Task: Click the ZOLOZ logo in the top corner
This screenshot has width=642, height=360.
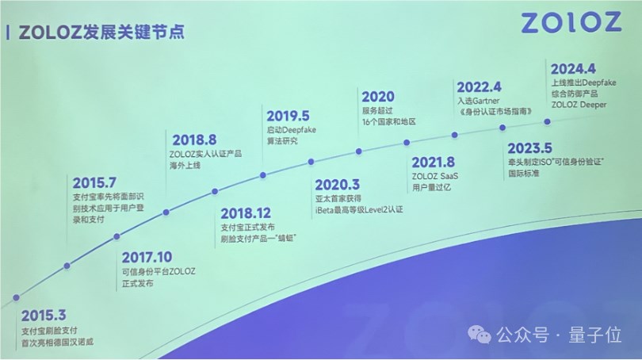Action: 571,22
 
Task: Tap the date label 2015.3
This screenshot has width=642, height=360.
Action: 44,315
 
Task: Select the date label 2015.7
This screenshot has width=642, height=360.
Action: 95,182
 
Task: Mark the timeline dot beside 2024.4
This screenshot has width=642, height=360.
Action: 546,121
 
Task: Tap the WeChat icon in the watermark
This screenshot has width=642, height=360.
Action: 483,335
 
